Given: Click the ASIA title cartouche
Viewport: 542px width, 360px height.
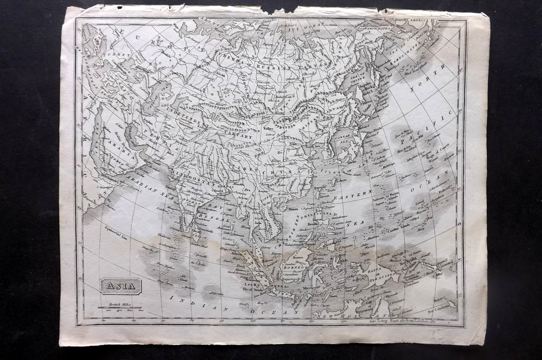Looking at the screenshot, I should [121, 286].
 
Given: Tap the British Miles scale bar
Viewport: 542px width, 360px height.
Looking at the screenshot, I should [120, 307].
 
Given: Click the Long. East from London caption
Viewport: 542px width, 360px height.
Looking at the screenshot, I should [402, 321].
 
